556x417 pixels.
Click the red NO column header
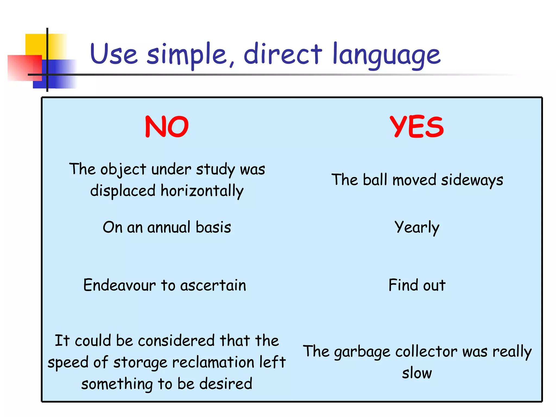coord(167,127)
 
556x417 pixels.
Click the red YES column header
coord(416,127)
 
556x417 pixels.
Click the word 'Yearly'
coord(417,228)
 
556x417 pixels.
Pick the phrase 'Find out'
coord(417,285)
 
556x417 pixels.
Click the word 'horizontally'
coord(202,191)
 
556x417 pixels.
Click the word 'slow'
coord(417,373)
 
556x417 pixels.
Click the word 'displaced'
coord(123,190)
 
